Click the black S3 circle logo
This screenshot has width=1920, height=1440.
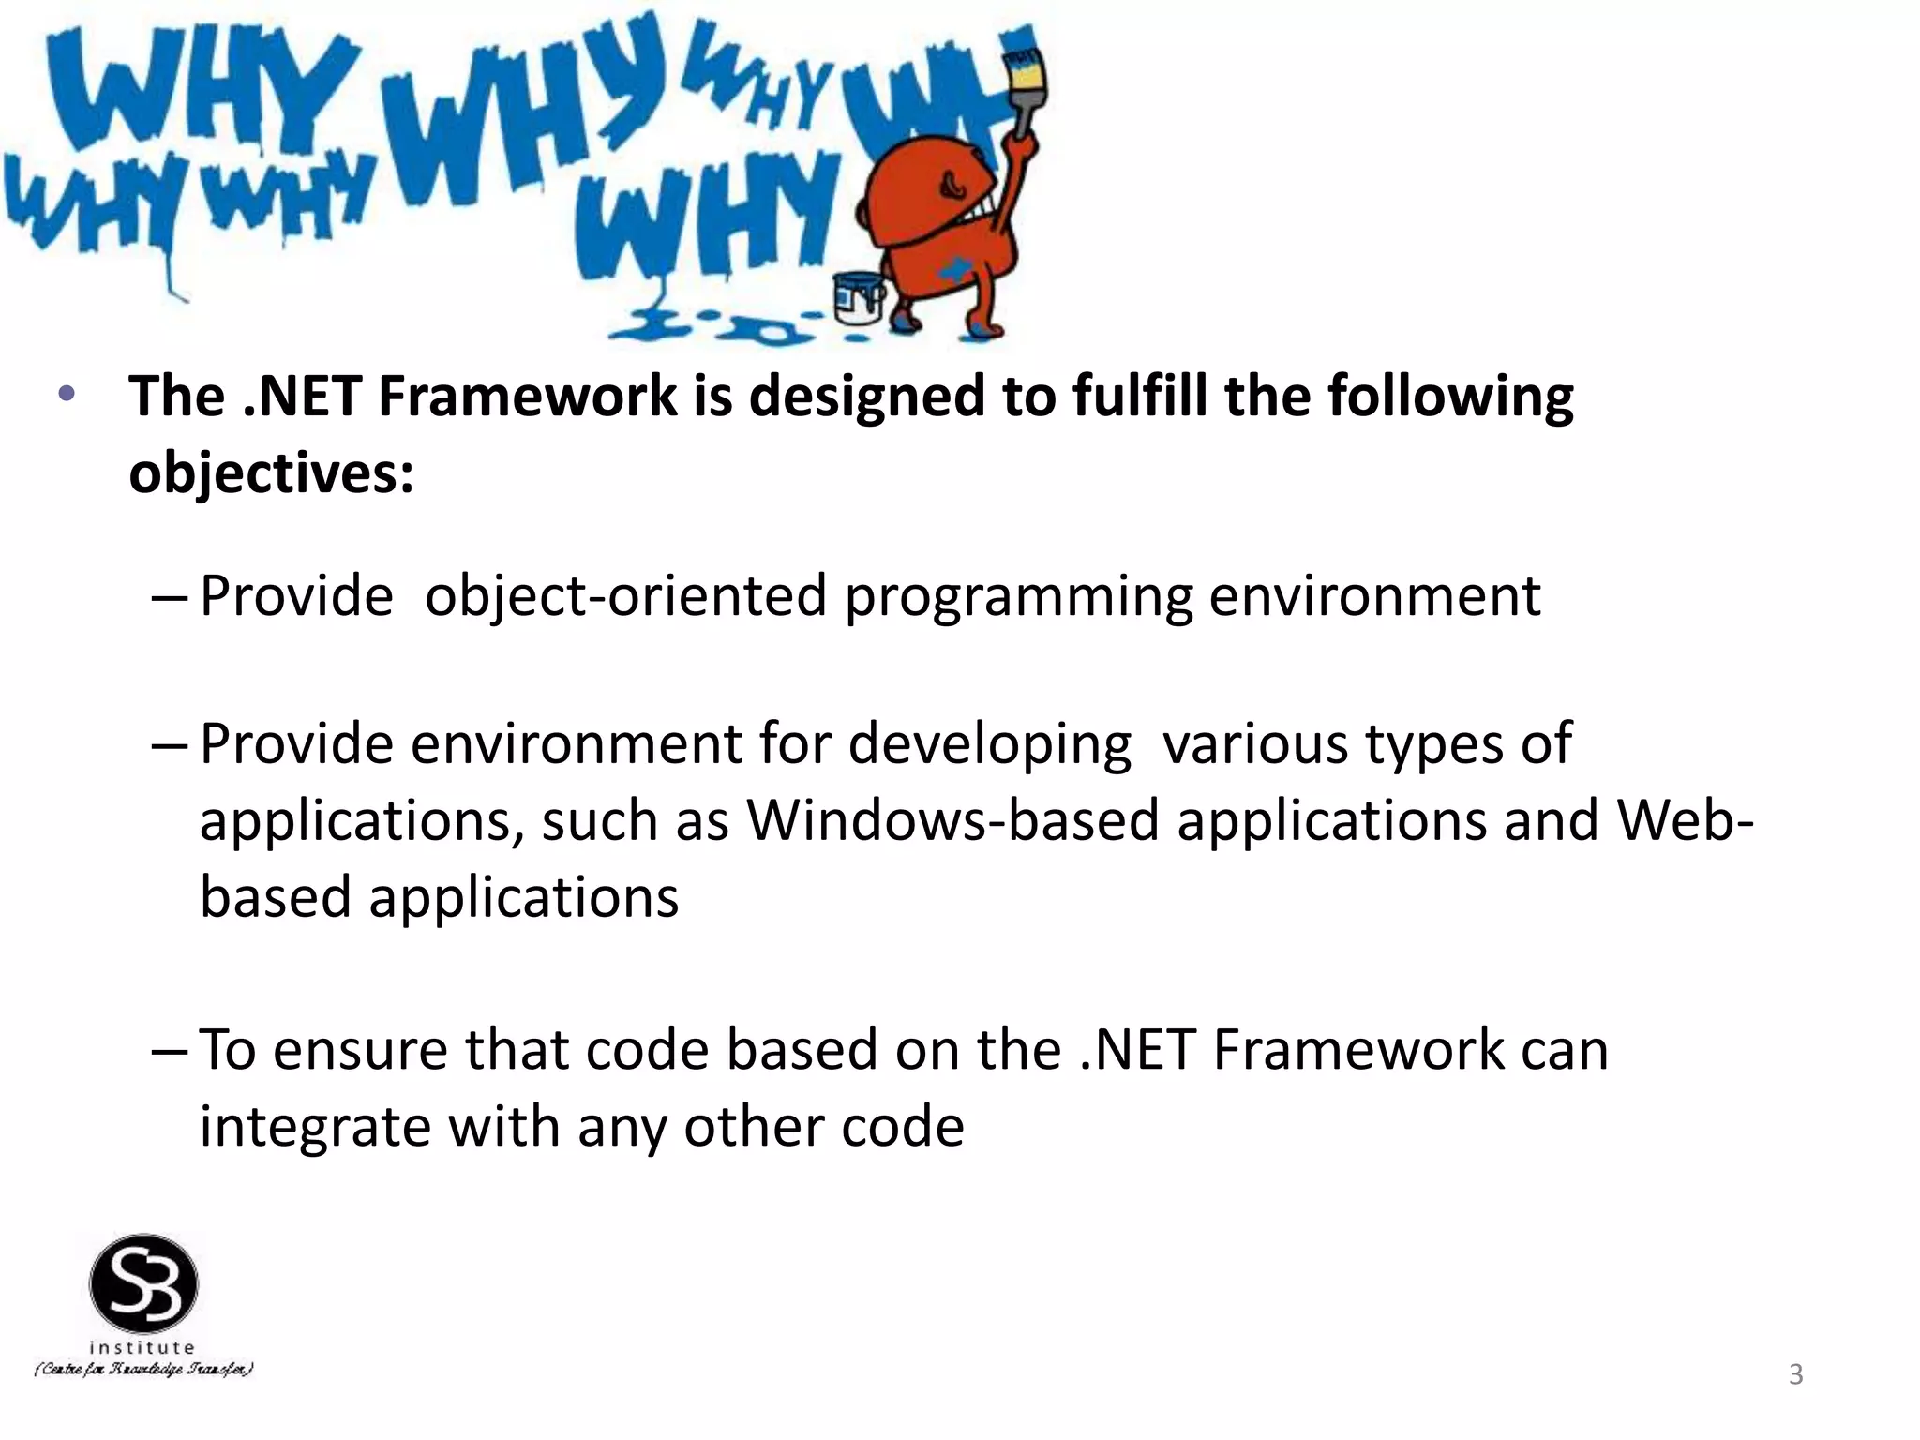[x=143, y=1283]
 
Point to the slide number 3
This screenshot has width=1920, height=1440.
[x=1795, y=1374]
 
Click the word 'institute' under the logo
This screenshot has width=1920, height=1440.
[x=142, y=1347]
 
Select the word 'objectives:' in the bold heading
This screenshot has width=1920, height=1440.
[x=271, y=472]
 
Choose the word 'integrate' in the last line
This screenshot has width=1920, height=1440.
[x=315, y=1127]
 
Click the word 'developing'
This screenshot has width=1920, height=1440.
[x=989, y=744]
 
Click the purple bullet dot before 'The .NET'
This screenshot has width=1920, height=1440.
[x=66, y=394]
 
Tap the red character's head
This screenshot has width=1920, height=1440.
[x=923, y=192]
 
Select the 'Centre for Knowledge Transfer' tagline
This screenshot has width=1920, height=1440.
[x=143, y=1370]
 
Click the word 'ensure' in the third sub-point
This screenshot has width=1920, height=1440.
[x=360, y=1050]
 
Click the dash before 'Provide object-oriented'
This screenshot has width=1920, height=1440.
[x=170, y=597]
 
